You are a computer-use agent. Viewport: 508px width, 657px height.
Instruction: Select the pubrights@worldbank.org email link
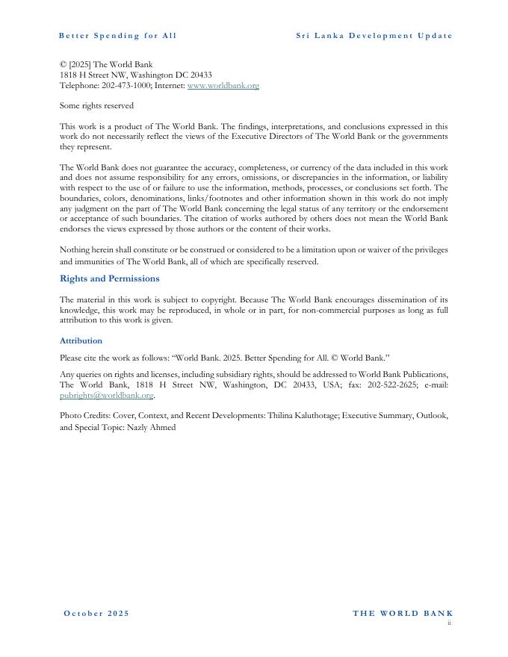[106, 396]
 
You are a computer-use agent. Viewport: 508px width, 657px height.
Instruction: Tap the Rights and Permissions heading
[109, 278]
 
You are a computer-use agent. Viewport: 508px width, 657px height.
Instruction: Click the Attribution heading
[81, 340]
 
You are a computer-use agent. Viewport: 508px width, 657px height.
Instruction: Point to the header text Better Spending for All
[117, 36]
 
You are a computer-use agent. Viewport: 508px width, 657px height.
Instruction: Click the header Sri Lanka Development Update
[374, 36]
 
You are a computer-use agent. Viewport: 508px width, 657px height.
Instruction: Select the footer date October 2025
[96, 614]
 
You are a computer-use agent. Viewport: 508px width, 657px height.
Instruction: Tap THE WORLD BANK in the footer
[403, 614]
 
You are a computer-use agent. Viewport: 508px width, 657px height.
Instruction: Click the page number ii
[449, 623]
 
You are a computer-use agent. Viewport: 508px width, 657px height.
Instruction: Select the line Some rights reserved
[96, 106]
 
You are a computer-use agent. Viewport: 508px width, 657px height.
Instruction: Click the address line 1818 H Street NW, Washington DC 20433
[135, 75]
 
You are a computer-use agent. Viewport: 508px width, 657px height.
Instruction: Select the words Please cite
[81, 358]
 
